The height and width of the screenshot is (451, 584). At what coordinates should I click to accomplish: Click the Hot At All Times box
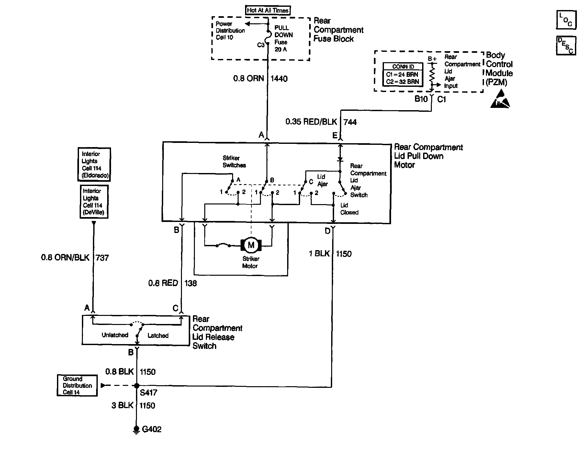point(268,10)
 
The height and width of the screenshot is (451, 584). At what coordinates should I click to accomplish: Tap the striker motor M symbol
point(251,245)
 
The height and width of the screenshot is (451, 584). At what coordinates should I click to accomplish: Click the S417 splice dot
point(137,386)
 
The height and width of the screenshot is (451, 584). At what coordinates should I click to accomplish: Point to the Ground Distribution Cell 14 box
point(77,386)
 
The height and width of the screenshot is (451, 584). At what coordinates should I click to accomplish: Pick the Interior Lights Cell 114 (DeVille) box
point(94,202)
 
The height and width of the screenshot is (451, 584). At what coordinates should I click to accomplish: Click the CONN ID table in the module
point(403,75)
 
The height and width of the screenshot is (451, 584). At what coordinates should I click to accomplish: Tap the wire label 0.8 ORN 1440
point(260,79)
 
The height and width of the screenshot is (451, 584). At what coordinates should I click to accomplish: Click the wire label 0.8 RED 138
point(173,283)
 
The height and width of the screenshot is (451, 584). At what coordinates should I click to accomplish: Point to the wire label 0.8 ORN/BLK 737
point(75,258)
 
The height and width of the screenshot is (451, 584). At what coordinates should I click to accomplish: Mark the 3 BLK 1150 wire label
point(133,406)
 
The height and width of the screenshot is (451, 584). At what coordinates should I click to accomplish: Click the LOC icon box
point(566,20)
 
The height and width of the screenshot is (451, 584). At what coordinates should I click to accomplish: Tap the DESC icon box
point(566,45)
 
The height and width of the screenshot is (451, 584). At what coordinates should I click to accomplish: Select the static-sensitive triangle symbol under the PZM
point(500,99)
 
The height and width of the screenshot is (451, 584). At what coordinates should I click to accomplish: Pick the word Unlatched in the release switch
point(115,335)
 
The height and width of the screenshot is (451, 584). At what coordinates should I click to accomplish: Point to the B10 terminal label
point(421,99)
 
